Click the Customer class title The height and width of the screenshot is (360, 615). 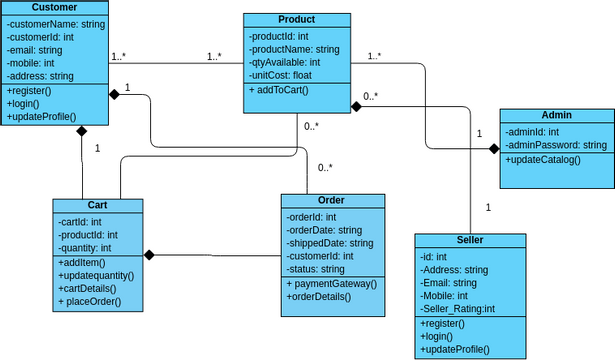(54, 8)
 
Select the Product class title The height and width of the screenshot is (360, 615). (297, 20)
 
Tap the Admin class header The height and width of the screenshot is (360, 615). (557, 116)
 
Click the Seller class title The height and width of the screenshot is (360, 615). (469, 240)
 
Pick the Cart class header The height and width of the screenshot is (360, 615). (97, 205)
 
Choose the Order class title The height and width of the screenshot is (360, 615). (331, 200)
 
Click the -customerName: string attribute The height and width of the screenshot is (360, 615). (55, 23)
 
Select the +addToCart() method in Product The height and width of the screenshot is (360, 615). (280, 90)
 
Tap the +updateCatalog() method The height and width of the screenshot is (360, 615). (543, 160)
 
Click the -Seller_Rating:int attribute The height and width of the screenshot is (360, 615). (458, 309)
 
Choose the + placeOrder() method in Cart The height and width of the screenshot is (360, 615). (90, 301)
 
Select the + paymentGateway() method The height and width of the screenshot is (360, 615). (332, 283)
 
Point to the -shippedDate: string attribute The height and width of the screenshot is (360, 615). (330, 243)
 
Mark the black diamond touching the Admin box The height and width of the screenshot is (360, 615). (493, 148)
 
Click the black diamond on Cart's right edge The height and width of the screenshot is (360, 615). (149, 254)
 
